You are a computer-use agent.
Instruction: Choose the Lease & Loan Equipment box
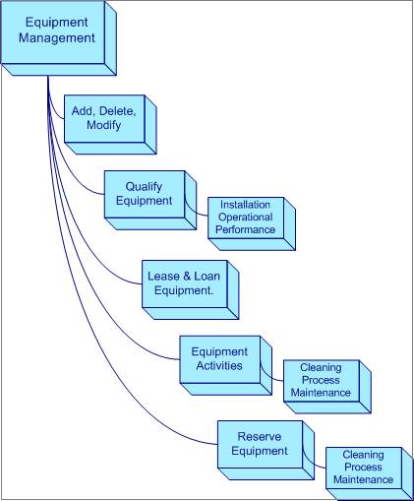click(186, 283)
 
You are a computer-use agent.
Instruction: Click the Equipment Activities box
click(219, 358)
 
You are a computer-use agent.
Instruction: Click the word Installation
click(245, 204)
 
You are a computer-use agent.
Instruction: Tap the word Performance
click(245, 229)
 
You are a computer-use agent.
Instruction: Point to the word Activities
click(219, 366)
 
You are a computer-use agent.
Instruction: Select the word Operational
click(245, 217)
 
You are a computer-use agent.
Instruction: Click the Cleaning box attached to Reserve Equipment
click(363, 468)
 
